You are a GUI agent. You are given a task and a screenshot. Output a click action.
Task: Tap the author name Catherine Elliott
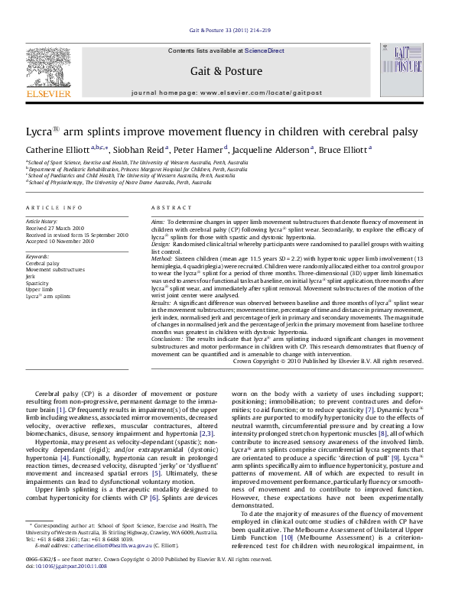[57, 151]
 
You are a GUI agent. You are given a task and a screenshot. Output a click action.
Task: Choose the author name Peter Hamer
[213, 151]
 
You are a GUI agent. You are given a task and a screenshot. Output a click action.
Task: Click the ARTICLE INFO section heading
[54, 208]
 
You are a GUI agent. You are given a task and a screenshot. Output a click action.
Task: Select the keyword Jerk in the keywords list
[31, 276]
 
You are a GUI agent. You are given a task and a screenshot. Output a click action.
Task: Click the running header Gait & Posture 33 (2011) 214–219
[227, 31]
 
